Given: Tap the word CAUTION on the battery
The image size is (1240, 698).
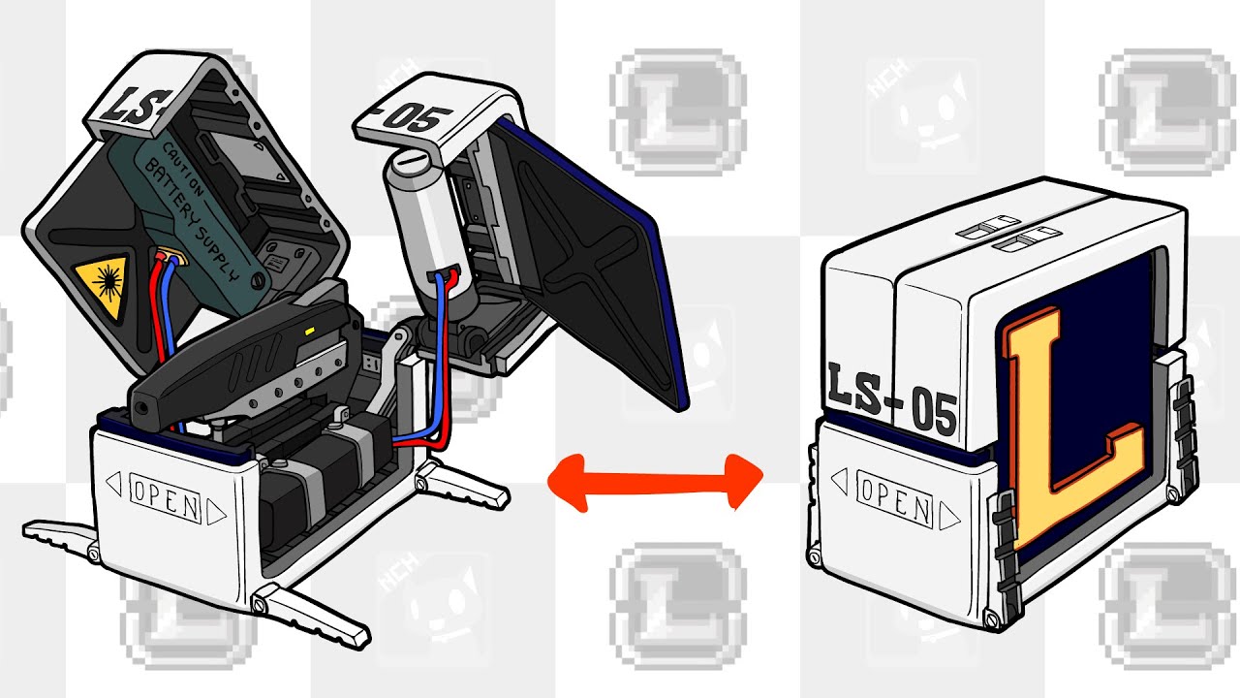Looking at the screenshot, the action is pos(184,170).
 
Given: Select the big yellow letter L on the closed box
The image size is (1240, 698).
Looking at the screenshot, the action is pos(1071,429).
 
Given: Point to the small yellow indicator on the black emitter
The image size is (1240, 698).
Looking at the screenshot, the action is pos(310,332).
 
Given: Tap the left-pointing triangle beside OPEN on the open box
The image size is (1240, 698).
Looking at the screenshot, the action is pos(114,484).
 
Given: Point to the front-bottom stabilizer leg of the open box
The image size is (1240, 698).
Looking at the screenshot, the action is pos(310,616).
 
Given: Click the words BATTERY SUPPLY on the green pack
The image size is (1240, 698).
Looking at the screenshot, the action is pos(191,219).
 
